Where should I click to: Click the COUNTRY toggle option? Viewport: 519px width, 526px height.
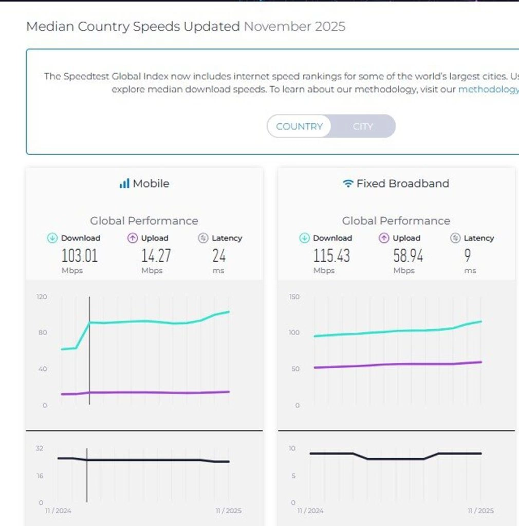click(299, 126)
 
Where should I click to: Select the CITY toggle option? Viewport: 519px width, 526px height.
click(363, 126)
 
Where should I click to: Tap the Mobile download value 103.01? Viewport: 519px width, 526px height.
click(79, 255)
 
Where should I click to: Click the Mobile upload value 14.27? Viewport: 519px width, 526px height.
click(156, 255)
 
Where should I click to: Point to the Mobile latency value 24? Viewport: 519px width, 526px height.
click(219, 255)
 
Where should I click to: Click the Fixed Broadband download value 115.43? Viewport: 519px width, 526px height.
click(331, 255)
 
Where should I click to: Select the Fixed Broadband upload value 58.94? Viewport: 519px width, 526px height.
click(408, 255)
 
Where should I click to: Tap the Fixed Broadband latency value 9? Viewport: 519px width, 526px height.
click(467, 255)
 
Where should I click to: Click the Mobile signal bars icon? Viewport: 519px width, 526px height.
click(124, 183)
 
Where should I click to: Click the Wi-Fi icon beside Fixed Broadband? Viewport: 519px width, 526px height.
click(348, 183)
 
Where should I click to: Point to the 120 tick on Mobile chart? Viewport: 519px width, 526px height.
click(41, 297)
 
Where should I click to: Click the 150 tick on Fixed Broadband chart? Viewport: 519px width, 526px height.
click(294, 297)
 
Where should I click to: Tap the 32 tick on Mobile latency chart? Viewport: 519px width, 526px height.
click(40, 448)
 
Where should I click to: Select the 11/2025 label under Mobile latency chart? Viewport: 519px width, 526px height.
click(228, 511)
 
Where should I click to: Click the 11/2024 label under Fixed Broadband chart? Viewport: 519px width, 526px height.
click(310, 511)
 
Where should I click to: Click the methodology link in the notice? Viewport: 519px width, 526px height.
click(488, 89)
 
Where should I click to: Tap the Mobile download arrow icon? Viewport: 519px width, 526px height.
click(52, 238)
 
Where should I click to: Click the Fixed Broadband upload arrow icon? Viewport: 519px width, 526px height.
click(384, 238)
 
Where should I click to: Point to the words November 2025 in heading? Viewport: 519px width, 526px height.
click(294, 26)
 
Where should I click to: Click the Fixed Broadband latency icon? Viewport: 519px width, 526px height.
click(455, 238)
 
